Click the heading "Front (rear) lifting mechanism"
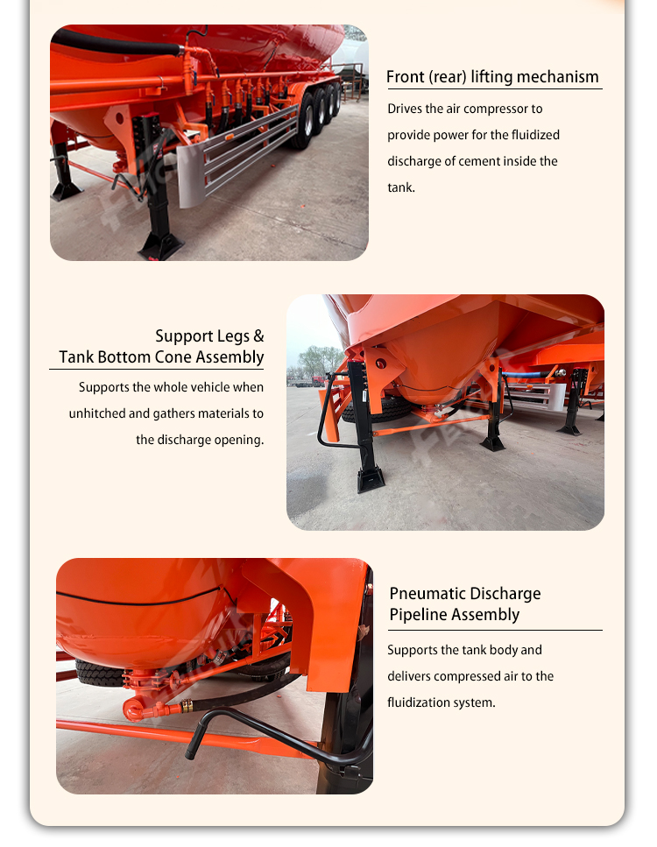(x=492, y=77)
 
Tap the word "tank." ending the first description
(x=401, y=187)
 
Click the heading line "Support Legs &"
(x=209, y=336)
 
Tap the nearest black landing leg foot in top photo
(x=160, y=246)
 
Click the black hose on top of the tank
(x=117, y=43)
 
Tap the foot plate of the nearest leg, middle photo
(x=371, y=480)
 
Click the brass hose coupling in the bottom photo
(x=186, y=706)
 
